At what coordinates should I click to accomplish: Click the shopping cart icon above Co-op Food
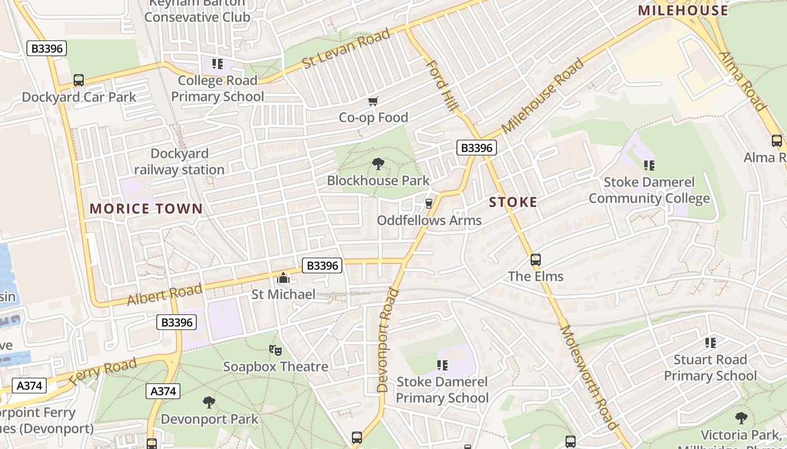373,101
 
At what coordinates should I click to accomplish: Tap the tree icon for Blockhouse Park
378,164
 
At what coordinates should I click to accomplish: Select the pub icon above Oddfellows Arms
429,203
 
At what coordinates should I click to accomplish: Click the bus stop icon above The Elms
535,260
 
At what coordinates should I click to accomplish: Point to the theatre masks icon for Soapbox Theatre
275,350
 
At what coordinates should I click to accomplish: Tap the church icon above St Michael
283,278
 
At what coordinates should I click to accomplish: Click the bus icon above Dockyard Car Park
79,80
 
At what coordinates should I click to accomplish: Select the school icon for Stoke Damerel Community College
649,166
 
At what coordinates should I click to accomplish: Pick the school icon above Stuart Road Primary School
710,342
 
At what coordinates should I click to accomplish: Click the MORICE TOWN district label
146,209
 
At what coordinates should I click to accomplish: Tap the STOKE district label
513,202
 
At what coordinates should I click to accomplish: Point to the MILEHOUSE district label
683,10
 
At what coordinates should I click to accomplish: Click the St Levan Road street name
346,49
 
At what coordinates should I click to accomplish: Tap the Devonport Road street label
384,340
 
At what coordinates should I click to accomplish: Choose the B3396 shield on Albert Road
322,265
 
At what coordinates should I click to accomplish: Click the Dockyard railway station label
179,162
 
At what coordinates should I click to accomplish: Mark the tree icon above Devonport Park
209,402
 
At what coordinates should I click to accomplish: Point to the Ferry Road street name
103,372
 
